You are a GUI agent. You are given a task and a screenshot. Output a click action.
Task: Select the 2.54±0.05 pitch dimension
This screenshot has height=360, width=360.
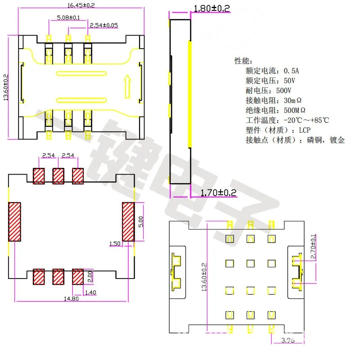[x=103, y=25]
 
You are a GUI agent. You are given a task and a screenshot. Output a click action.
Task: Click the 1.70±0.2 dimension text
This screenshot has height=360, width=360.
[x=218, y=193]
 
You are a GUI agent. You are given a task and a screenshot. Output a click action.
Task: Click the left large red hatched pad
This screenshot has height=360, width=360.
[x=15, y=221]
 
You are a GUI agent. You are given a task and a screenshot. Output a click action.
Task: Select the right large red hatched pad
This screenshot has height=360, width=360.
[x=128, y=221]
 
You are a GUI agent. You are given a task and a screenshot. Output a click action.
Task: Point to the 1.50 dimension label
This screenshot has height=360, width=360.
[x=114, y=243]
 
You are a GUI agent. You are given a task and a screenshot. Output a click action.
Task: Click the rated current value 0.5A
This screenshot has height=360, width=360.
[x=291, y=71]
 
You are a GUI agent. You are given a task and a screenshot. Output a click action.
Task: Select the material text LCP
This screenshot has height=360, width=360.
[x=303, y=130]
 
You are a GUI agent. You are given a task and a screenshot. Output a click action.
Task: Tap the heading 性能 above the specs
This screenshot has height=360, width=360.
[x=243, y=61]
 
